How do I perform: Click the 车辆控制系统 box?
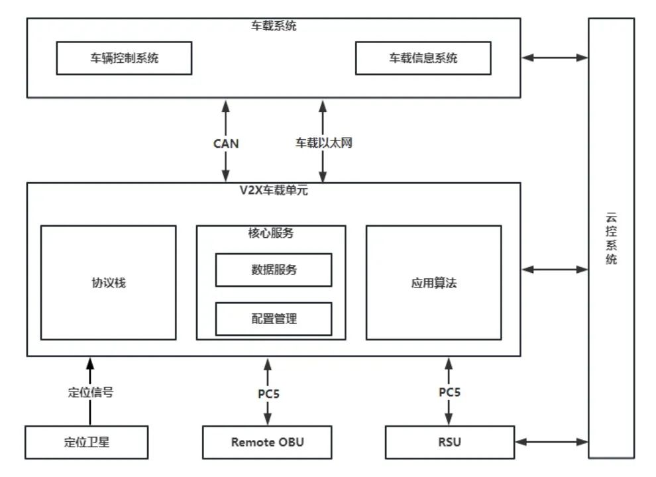point(124,58)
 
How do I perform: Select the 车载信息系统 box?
point(423,58)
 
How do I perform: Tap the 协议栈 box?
point(108,283)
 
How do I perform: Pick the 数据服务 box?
point(273,270)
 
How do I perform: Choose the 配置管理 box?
point(273,319)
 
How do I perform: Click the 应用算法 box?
point(433,283)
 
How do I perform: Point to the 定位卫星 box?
point(86,442)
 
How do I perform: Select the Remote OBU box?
point(267,442)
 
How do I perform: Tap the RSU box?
point(449,442)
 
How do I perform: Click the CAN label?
point(226,143)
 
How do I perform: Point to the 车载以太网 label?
point(323,143)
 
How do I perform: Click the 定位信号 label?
point(90,392)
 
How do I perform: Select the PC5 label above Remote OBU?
point(268,393)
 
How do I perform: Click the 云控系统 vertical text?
point(611,238)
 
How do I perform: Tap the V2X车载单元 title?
point(273,191)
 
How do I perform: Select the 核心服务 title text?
point(271,233)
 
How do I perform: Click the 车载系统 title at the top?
point(273,26)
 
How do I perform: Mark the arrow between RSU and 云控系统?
point(551,442)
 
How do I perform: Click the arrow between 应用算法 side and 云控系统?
point(554,270)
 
